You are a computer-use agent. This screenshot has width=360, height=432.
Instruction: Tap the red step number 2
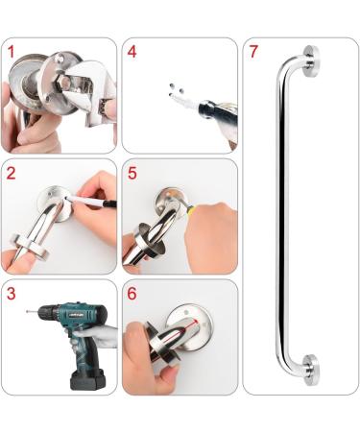tap(11, 174)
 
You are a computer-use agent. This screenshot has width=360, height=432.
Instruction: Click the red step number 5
tap(132, 174)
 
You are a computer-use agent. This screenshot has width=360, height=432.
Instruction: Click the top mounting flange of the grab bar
tap(310, 60)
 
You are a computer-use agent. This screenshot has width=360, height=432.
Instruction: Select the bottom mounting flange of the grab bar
tap(310, 371)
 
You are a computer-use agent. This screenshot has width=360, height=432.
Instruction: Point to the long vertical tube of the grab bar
tap(280, 216)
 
